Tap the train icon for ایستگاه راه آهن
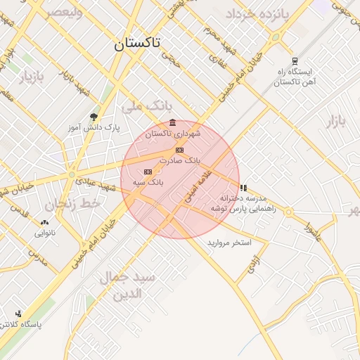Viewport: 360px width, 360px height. [x=294, y=60]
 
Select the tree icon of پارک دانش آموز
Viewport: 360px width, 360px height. [x=94, y=117]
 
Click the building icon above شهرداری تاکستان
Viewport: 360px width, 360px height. [x=173, y=123]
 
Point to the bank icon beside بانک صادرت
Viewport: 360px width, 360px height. [x=179, y=150]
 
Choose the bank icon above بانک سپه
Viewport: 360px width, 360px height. [x=148, y=172]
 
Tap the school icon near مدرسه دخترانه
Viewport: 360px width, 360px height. [x=243, y=188]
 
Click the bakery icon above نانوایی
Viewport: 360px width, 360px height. [x=44, y=222]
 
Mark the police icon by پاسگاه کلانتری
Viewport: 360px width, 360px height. [x=18, y=314]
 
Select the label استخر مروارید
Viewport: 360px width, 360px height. [x=229, y=243]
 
